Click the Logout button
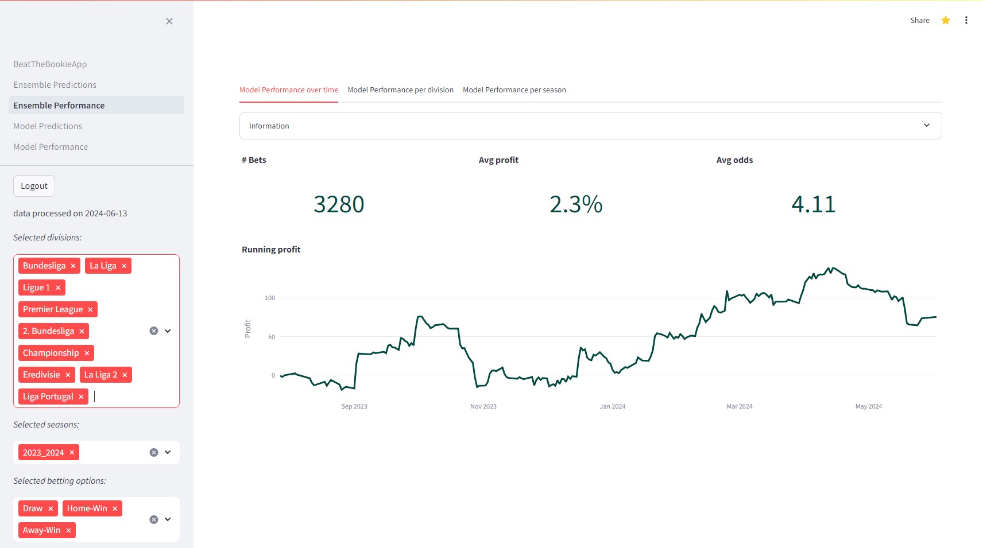tap(34, 186)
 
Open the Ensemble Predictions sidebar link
tap(55, 85)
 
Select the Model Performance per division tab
tap(400, 90)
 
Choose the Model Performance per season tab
tap(514, 90)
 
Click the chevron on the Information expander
tap(926, 126)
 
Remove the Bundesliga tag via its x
tap(73, 266)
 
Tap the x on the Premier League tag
tap(90, 309)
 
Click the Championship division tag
tap(51, 353)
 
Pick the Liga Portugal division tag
tap(48, 397)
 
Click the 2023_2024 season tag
tap(43, 453)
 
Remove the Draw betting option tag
tap(51, 508)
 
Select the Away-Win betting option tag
tap(41, 530)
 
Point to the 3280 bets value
tap(339, 204)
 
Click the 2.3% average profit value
tap(576, 204)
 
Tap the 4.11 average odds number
tap(813, 204)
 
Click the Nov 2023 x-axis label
tap(483, 406)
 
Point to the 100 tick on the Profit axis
tap(270, 298)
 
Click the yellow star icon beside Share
tap(946, 21)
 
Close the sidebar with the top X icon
tap(169, 21)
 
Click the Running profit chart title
tap(271, 250)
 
